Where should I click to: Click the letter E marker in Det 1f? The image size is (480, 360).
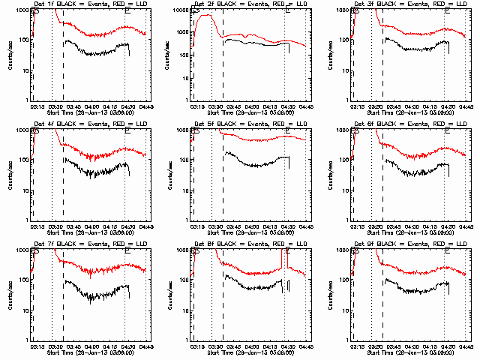(x=127, y=11)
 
